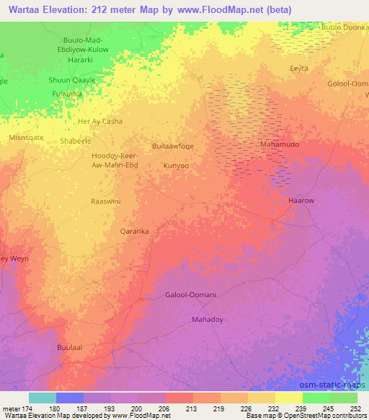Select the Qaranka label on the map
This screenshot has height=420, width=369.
point(134,232)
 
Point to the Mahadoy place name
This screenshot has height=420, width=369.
point(208,318)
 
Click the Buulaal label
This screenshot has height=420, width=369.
point(70,347)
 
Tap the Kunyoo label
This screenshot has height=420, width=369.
point(176,165)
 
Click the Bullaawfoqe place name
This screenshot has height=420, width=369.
point(173,146)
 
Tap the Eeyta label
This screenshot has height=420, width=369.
point(298,69)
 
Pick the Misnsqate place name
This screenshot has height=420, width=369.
point(26,136)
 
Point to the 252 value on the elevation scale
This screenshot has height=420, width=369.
point(356,408)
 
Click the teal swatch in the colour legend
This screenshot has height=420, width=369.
point(43,398)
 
